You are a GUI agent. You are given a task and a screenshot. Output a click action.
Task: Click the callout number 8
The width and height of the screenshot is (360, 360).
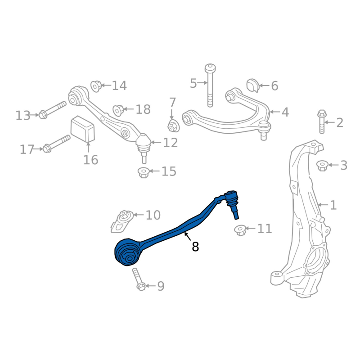coord(195,247)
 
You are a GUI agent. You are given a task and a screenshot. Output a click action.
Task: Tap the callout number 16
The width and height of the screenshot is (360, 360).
coord(91,160)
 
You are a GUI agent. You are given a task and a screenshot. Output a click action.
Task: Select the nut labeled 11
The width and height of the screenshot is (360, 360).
coord(240,230)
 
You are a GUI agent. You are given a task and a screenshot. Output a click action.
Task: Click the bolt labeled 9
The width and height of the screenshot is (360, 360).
coord(138,279)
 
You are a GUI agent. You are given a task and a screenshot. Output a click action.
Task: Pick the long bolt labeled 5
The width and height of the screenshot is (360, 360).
coord(210,85)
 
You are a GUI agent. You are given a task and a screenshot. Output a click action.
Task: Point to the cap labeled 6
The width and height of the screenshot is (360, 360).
coord(253,85)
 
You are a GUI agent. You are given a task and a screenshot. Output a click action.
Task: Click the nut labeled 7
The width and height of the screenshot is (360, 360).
coord(173,126)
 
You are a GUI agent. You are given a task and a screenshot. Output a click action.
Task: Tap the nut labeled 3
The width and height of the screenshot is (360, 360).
coord(322,166)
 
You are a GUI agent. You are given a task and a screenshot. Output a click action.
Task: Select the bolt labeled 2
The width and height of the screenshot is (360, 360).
coord(322,121)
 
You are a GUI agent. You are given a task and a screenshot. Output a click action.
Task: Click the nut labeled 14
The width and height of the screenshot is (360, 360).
coord(96,86)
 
